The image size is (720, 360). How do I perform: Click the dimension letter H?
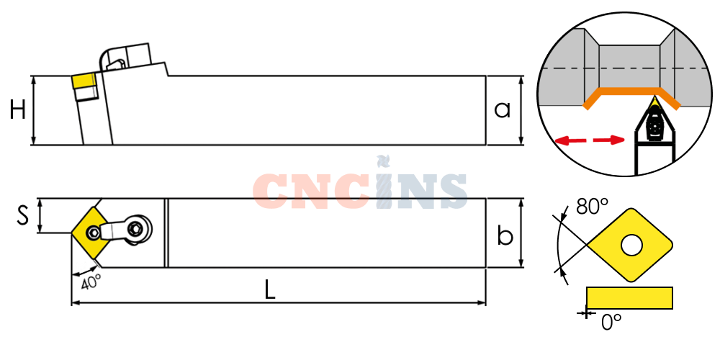click(17, 111)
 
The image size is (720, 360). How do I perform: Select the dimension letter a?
click(502, 110)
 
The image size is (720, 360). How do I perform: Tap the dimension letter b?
click(505, 235)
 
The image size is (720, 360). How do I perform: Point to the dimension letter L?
click(270, 289)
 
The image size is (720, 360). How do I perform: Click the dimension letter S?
click(22, 215)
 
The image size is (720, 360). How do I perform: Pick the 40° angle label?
click(91, 281)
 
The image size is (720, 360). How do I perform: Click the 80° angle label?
click(592, 207)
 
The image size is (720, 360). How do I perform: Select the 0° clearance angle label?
click(611, 323)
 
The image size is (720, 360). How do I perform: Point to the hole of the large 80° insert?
click(631, 246)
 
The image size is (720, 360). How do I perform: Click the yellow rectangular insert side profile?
click(629, 298)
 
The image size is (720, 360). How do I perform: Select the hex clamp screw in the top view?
click(136, 228)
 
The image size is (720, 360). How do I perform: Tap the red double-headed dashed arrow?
click(590, 140)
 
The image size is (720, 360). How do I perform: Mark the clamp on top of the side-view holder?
click(125, 58)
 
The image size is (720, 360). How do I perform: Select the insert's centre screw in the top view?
click(94, 233)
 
